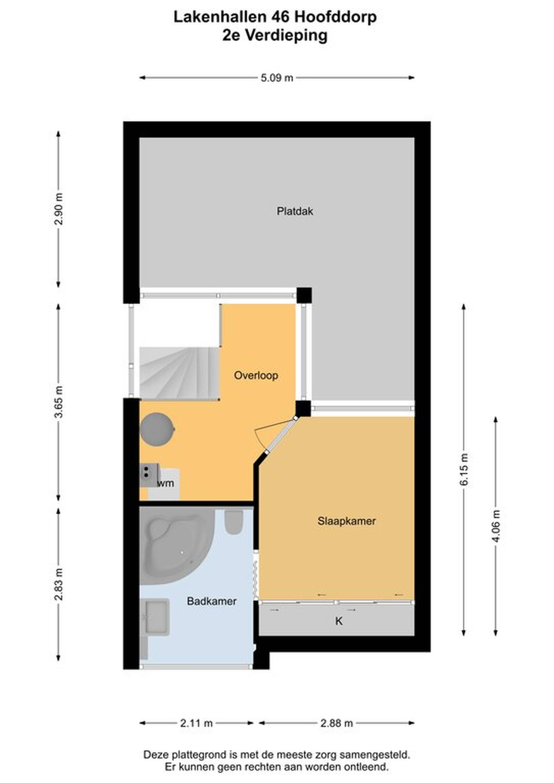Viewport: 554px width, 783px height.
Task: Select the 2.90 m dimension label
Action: pyautogui.click(x=59, y=209)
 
